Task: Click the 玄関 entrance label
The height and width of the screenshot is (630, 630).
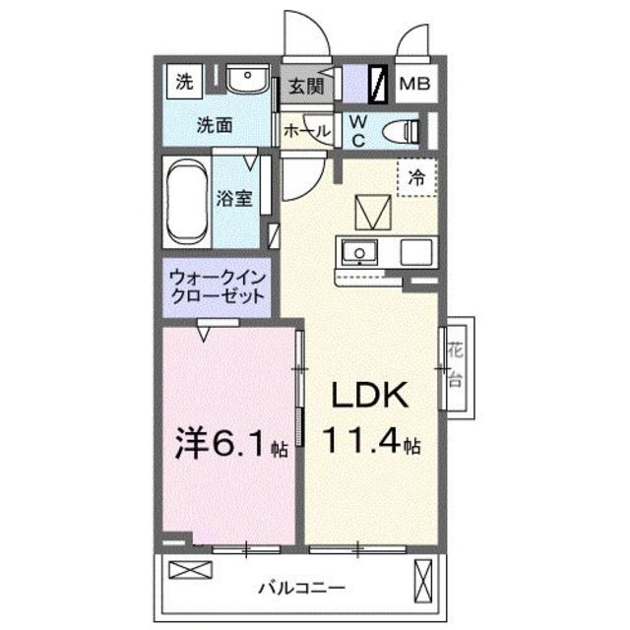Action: point(306,87)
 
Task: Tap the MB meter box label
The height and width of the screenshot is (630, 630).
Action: point(414,86)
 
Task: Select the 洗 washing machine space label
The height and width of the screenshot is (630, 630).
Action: point(184,83)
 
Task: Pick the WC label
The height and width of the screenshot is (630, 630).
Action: point(358,130)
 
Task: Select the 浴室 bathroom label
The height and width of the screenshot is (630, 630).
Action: point(234,197)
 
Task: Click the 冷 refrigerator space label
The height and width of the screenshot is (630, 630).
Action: point(417,178)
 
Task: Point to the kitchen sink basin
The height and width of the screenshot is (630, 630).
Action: point(358,253)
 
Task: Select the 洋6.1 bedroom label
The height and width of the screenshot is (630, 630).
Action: point(224,445)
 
